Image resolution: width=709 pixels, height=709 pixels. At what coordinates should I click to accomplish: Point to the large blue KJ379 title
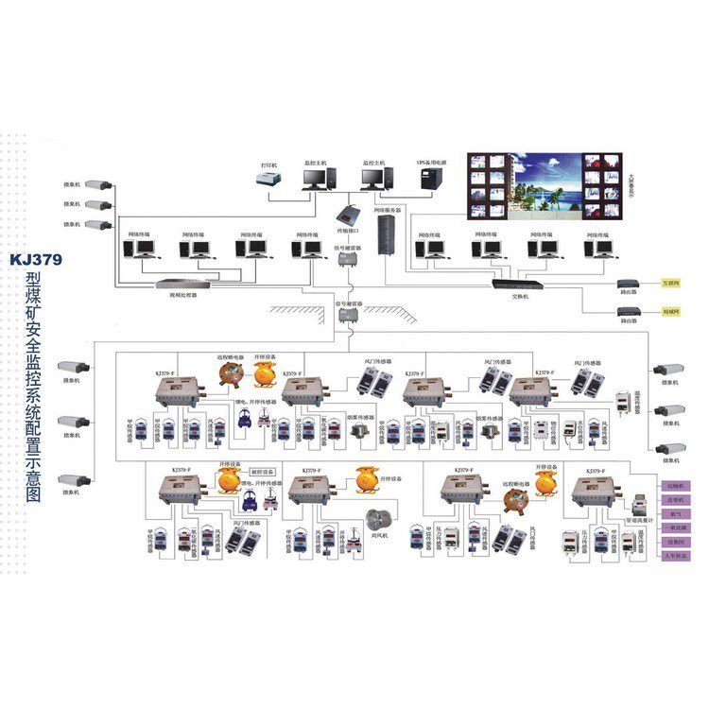click(x=36, y=258)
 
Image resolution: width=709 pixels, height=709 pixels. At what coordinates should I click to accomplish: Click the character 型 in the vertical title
click(x=35, y=281)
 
